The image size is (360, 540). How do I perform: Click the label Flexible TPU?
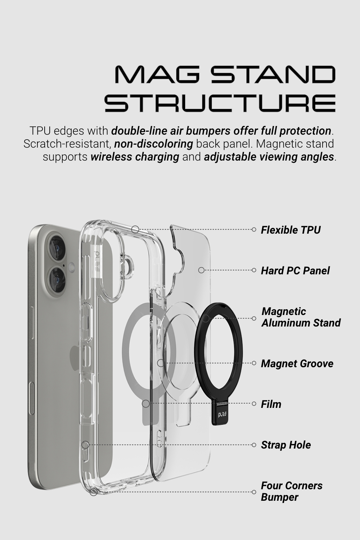[291, 230]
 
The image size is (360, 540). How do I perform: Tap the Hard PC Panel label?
[295, 270]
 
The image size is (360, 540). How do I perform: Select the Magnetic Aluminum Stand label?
[301, 317]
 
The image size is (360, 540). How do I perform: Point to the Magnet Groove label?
[297, 363]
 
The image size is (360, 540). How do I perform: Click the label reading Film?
[271, 404]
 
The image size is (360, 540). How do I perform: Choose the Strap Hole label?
[286, 445]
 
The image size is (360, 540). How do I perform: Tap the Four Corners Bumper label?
[292, 491]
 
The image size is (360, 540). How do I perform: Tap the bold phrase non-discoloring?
[154, 144]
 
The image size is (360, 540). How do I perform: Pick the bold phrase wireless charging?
[135, 157]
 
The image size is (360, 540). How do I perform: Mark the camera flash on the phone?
[71, 267]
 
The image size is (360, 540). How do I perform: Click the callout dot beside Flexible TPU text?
[254, 229]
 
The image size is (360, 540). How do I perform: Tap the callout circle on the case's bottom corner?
[94, 491]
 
